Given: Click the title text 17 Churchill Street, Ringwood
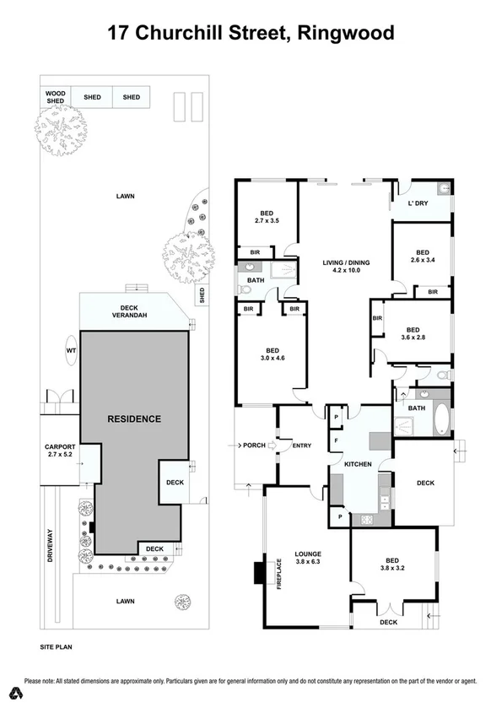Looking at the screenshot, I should (x=251, y=35).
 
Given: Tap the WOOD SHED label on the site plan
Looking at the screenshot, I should (x=55, y=97).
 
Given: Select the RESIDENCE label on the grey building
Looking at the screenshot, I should (x=133, y=419).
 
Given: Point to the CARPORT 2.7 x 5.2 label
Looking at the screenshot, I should (x=60, y=451).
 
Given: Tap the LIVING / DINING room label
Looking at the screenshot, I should (x=347, y=267).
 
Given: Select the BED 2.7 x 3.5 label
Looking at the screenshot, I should (x=267, y=215).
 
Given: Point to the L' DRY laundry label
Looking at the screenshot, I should (x=418, y=204).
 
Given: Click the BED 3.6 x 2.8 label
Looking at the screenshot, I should (x=413, y=335).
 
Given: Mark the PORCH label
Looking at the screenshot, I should (x=254, y=445).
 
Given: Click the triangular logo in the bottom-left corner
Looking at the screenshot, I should (x=14, y=694).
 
